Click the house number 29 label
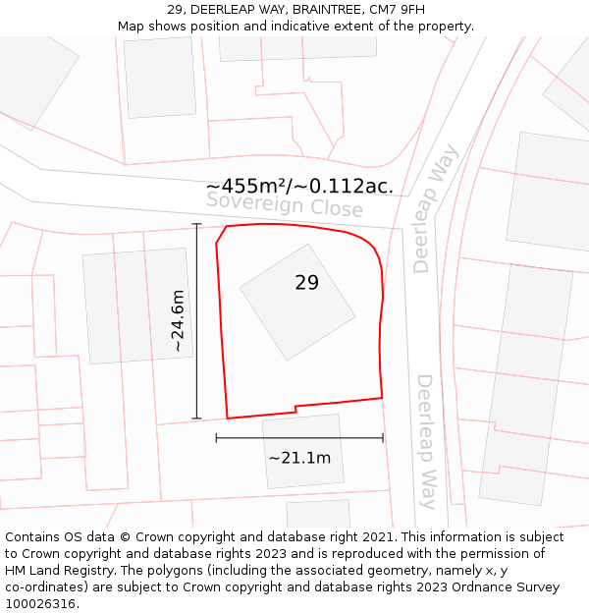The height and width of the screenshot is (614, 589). click(x=306, y=283)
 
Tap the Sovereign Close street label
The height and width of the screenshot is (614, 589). click(x=285, y=205)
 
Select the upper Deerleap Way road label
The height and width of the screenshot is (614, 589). click(x=435, y=208)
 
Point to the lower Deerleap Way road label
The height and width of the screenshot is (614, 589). click(x=427, y=441)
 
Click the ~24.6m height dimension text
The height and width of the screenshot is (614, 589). click(x=178, y=320)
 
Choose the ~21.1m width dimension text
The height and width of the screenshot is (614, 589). click(x=299, y=458)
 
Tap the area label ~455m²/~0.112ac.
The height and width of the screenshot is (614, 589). click(x=300, y=186)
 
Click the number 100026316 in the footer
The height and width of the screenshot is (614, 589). click(x=41, y=604)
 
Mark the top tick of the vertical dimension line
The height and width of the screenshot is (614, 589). click(x=196, y=225)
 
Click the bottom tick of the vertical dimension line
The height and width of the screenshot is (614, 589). click(x=196, y=419)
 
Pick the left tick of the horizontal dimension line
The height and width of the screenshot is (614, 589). click(x=216, y=438)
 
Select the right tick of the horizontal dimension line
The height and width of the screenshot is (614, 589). click(x=383, y=438)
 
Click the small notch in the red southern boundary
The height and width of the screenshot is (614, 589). click(x=295, y=408)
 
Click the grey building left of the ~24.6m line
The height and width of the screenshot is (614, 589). click(x=137, y=306)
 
